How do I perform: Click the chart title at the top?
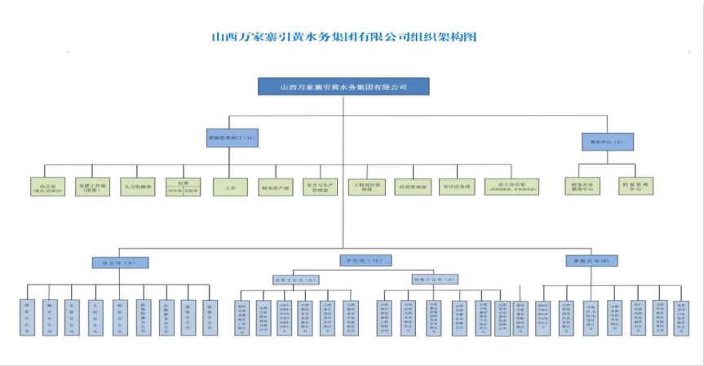[343, 37]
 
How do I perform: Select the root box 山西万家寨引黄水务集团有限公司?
[343, 86]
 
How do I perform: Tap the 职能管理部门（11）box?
[232, 139]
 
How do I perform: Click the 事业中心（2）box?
[607, 142]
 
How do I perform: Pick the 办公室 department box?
[47, 187]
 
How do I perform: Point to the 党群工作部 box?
[92, 187]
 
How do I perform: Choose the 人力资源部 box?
[137, 187]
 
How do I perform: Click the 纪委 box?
[182, 187]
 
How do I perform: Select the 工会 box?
[230, 187]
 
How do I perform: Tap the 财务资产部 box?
[275, 187]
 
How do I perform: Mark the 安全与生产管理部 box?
[320, 187]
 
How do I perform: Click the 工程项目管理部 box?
[365, 187]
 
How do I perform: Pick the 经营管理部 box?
[411, 187]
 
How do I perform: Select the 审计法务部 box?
[456, 187]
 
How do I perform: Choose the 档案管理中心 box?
[637, 187]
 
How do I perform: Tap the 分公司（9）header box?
[119, 262]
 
